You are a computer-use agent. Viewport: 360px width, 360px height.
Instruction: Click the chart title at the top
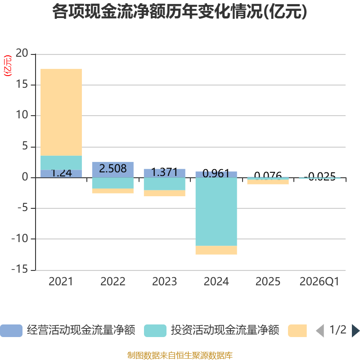(180, 12)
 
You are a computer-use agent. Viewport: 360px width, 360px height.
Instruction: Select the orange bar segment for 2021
(61, 112)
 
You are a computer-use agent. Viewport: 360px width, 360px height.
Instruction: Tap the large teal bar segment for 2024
(216, 211)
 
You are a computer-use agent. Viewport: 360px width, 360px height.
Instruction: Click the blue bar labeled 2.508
(112, 169)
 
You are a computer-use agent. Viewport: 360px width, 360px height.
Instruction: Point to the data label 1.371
(164, 172)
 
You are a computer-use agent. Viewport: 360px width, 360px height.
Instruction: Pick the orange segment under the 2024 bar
(216, 250)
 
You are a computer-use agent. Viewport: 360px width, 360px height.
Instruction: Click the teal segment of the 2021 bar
(61, 162)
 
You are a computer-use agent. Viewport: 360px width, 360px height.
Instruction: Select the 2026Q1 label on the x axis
(319, 282)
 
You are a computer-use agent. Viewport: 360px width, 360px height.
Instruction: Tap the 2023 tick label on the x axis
(164, 282)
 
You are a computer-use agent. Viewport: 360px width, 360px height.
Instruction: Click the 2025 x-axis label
(268, 282)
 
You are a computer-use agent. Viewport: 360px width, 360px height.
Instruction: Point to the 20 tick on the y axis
(22, 54)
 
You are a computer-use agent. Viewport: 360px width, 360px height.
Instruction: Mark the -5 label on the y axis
(22, 208)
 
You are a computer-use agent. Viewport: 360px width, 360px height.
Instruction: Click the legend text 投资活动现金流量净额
(225, 331)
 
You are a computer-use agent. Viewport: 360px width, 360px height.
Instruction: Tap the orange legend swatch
(297, 331)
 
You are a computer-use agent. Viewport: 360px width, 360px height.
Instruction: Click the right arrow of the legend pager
(355, 331)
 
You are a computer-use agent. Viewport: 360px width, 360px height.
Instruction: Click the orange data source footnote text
(180, 355)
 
